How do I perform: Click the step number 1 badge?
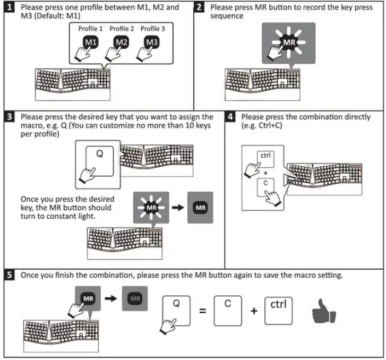[x=10, y=8]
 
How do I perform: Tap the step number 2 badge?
[x=199, y=8]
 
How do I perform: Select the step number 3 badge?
[x=10, y=117]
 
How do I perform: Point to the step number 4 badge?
[x=230, y=117]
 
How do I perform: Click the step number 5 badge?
[x=10, y=276]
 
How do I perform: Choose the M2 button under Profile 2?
[x=121, y=42]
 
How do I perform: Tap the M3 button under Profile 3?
[x=152, y=42]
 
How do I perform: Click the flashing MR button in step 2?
[x=289, y=42]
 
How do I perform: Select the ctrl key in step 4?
[x=265, y=157]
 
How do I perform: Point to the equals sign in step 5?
[x=202, y=311]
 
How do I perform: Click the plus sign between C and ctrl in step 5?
[x=254, y=311]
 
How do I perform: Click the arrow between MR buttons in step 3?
[x=178, y=208]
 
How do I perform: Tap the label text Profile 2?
[x=122, y=29]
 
